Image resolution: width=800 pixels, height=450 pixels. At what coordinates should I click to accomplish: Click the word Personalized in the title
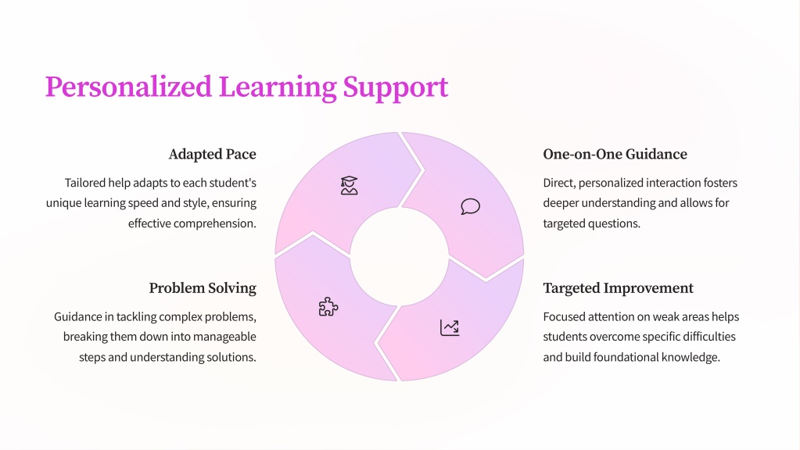tap(128, 87)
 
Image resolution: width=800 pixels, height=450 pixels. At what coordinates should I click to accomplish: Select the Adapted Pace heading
tap(212, 155)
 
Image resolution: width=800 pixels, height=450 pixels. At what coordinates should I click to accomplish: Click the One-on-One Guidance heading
tap(615, 154)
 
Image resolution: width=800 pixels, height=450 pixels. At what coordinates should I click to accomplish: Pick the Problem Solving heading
tap(203, 288)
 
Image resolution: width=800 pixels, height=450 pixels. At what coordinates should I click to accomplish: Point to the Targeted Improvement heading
tap(618, 288)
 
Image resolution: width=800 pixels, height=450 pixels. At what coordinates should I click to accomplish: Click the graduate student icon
tap(349, 185)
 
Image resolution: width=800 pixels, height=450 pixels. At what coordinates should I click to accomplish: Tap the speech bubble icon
tap(471, 206)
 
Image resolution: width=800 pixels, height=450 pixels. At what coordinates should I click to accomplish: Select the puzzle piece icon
tap(328, 307)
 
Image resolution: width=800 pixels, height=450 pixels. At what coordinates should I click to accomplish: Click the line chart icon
tap(450, 327)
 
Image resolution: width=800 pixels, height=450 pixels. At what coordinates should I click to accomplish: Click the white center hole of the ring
tap(400, 256)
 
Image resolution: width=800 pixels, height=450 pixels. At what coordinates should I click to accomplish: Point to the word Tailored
tap(84, 183)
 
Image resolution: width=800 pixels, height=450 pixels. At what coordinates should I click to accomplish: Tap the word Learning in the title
tap(278, 87)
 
